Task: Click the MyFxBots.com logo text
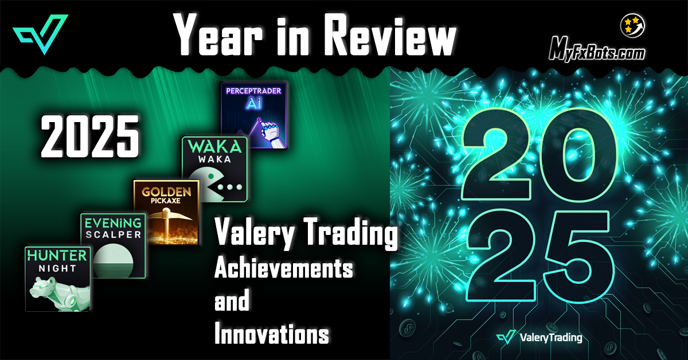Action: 597,50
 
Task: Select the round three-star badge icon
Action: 632,26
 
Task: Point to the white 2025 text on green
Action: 90,136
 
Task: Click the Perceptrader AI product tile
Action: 253,115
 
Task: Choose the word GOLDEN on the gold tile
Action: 166,192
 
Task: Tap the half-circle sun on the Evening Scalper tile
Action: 113,260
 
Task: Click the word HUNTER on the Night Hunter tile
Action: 57,256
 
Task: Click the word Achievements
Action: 283,268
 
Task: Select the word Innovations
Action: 272,333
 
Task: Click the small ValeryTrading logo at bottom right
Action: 540,338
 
